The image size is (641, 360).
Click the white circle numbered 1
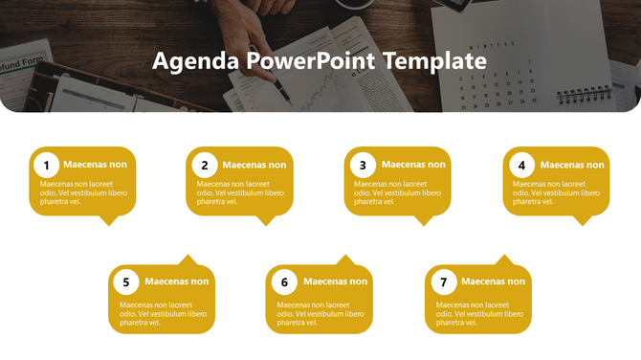click(46, 165)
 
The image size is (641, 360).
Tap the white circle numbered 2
click(205, 165)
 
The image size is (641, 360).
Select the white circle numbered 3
click(363, 165)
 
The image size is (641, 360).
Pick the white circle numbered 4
click(521, 165)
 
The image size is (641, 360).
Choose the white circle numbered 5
click(125, 282)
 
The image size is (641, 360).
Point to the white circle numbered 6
click(284, 282)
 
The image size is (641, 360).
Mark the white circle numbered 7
click(443, 282)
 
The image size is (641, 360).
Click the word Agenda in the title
click(195, 62)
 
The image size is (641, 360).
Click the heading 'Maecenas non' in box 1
click(95, 165)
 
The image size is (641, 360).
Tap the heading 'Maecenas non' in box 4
click(572, 165)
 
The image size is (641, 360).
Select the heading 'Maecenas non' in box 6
click(335, 281)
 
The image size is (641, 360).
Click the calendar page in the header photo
click(497, 57)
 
